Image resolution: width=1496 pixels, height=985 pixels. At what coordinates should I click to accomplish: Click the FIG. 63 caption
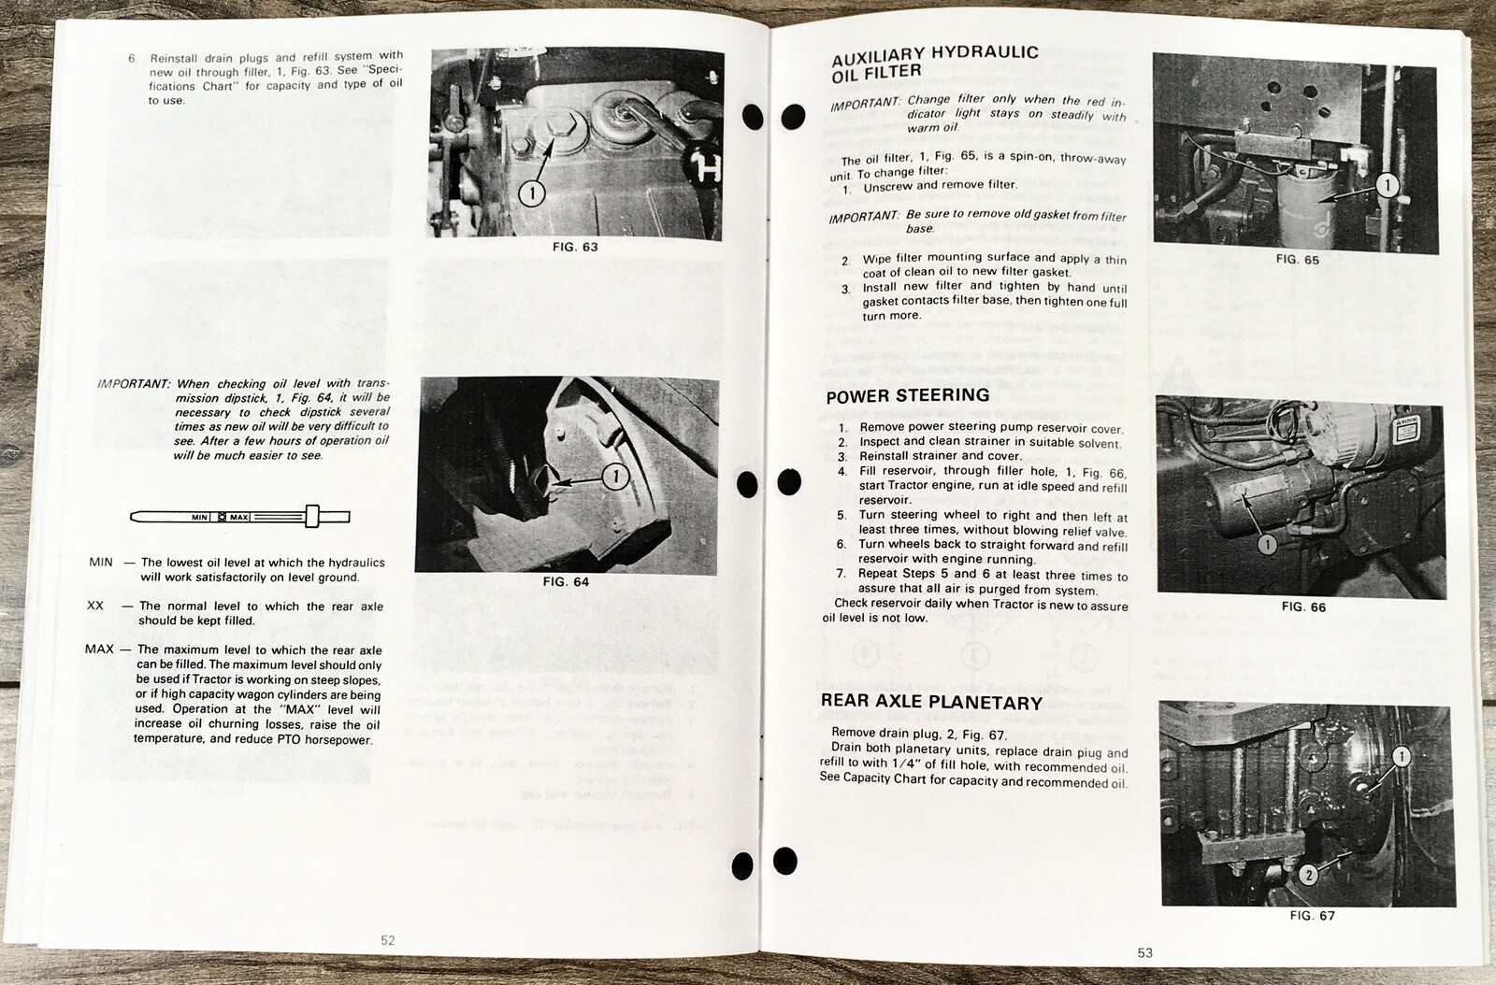point(576,248)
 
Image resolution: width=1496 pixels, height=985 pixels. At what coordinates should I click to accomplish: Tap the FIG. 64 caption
point(566,581)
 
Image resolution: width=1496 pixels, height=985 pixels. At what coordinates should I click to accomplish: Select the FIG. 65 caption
point(1297,260)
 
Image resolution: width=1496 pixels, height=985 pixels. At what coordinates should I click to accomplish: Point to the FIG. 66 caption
point(1302,607)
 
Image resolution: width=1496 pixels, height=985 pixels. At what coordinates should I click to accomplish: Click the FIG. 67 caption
point(1312,916)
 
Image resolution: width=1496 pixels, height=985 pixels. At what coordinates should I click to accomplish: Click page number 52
point(387,940)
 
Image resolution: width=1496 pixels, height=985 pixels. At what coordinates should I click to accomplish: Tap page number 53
point(1144,952)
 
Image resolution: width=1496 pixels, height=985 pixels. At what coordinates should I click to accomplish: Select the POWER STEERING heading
point(907,395)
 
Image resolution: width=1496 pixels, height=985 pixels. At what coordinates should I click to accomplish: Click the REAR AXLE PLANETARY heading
point(930,702)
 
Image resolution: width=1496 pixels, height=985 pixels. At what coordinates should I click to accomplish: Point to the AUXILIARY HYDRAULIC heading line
point(934,54)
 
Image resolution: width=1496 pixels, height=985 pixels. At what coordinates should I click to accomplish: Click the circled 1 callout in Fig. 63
point(532,193)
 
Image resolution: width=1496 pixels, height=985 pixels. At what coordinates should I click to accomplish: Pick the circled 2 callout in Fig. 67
point(1308,875)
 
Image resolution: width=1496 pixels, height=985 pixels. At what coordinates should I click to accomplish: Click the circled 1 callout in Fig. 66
point(1267,544)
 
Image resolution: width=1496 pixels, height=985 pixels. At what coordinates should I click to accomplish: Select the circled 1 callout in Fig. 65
point(1387,185)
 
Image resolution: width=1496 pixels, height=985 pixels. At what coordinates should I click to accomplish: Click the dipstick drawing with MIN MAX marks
point(239,516)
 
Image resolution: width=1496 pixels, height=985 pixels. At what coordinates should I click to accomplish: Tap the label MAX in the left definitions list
point(99,650)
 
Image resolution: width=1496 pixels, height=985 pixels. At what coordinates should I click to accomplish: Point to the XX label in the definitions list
point(95,606)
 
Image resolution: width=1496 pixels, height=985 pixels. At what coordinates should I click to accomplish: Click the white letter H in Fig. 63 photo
point(705,167)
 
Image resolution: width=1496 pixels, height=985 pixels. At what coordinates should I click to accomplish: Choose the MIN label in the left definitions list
point(101,562)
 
